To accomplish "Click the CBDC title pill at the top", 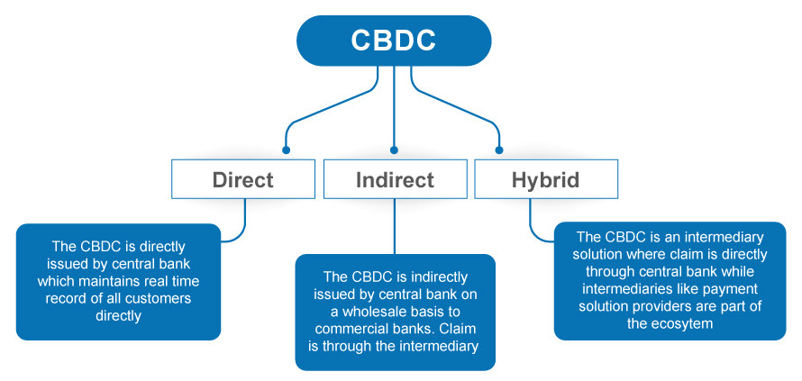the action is pyautogui.click(x=394, y=41).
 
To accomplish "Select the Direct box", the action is pyautogui.click(x=243, y=179).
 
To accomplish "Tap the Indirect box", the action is pyautogui.click(x=395, y=179).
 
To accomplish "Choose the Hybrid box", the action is pyautogui.click(x=546, y=179).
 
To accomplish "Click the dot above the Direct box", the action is pyautogui.click(x=286, y=150).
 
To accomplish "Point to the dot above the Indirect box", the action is pyautogui.click(x=394, y=150).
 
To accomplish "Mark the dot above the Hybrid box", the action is pyautogui.click(x=499, y=150).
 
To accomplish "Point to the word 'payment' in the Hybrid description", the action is pyautogui.click(x=732, y=289).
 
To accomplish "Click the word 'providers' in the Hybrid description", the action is pyautogui.click(x=655, y=306).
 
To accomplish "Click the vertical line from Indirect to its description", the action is pyautogui.click(x=395, y=227).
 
